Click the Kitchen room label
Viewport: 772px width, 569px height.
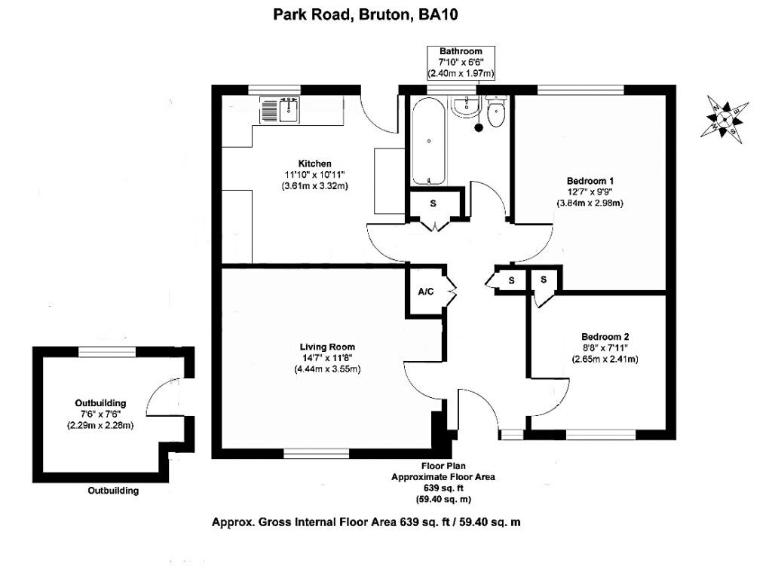tap(314, 164)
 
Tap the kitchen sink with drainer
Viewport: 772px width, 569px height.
tap(280, 109)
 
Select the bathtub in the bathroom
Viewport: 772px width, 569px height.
tap(429, 141)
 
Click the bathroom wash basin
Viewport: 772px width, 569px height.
tap(464, 106)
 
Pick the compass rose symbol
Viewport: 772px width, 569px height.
tap(725, 120)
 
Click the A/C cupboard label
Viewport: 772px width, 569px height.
tap(426, 292)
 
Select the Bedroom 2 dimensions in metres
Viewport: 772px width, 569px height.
tap(605, 359)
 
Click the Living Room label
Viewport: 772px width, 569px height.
tap(327, 347)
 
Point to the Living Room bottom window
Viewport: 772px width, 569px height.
tap(317, 454)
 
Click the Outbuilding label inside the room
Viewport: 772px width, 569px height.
tap(100, 403)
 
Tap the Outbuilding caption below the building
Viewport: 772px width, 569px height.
tap(113, 491)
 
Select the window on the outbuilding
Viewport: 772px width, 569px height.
tap(107, 351)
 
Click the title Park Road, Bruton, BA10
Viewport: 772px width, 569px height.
tap(366, 14)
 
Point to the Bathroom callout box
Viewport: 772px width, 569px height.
tap(461, 63)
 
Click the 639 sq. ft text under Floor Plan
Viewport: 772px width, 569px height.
tap(443, 488)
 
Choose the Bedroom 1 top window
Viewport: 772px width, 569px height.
tap(581, 90)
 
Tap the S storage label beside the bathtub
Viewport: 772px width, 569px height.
tap(433, 203)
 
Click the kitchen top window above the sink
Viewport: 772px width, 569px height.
tap(274, 90)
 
